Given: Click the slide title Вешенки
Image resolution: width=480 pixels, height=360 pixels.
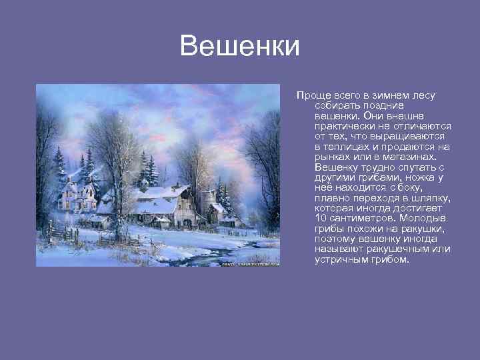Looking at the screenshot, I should [240, 47].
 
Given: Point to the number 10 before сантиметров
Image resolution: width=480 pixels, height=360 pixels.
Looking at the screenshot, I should [320, 218].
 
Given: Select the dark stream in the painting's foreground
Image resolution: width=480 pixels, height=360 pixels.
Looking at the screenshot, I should [213, 253].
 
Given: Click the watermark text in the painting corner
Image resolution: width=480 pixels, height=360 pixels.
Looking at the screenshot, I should [250, 263].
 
